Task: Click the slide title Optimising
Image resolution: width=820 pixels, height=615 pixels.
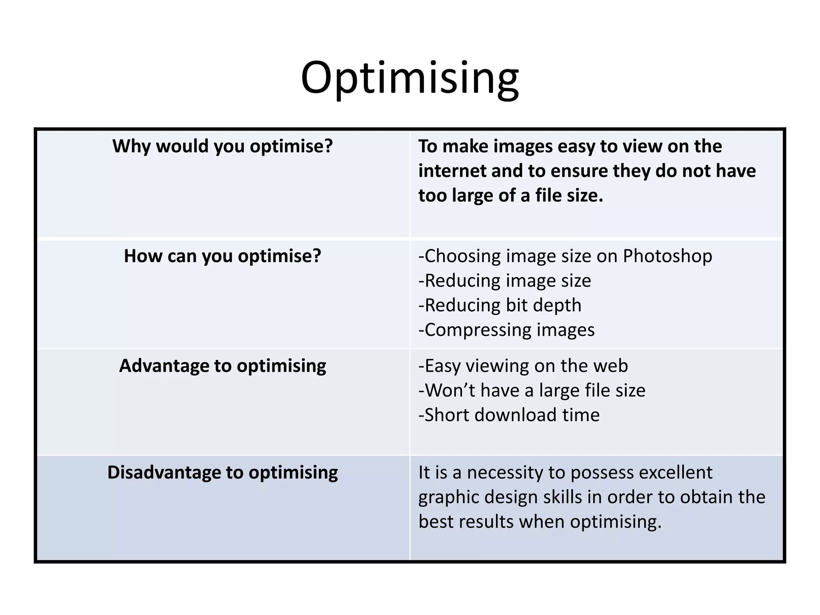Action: (410, 78)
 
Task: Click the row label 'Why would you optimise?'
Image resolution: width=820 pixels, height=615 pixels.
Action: (223, 146)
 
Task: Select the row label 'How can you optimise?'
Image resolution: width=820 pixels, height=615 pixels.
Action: (223, 256)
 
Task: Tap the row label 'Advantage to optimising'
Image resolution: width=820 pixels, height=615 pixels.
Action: (223, 366)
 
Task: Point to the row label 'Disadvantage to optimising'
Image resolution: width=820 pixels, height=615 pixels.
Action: (223, 472)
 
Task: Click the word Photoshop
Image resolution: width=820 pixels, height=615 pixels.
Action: (667, 256)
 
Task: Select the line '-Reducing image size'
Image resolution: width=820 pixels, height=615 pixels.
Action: (504, 281)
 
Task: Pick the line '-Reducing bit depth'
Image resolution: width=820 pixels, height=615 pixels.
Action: (500, 305)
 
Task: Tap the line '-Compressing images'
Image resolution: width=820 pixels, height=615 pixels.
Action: (506, 330)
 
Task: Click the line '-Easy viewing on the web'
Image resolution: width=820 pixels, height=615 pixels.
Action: (523, 366)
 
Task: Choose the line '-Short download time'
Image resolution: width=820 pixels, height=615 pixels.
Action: (509, 415)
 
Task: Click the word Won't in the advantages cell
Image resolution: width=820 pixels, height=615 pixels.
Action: (450, 390)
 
